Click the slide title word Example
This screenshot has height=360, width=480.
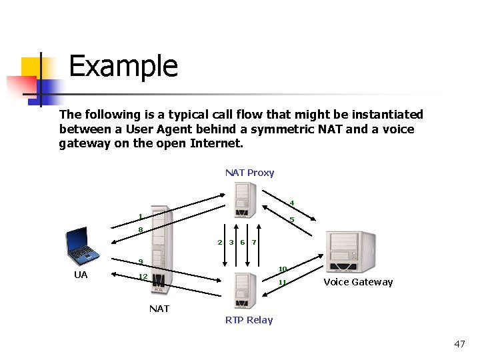[123, 67]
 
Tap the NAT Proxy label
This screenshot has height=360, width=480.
[249, 173]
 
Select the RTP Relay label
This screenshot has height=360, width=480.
[249, 320]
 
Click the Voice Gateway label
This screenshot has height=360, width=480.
[358, 282]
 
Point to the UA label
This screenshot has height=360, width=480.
[81, 275]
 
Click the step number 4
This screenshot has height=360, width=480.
[291, 203]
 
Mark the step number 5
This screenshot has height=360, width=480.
[291, 220]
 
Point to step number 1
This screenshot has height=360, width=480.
[140, 216]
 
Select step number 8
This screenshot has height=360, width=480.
[140, 230]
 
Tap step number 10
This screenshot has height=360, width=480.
[283, 269]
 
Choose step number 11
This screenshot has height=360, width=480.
[283, 283]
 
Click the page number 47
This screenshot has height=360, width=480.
[459, 344]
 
